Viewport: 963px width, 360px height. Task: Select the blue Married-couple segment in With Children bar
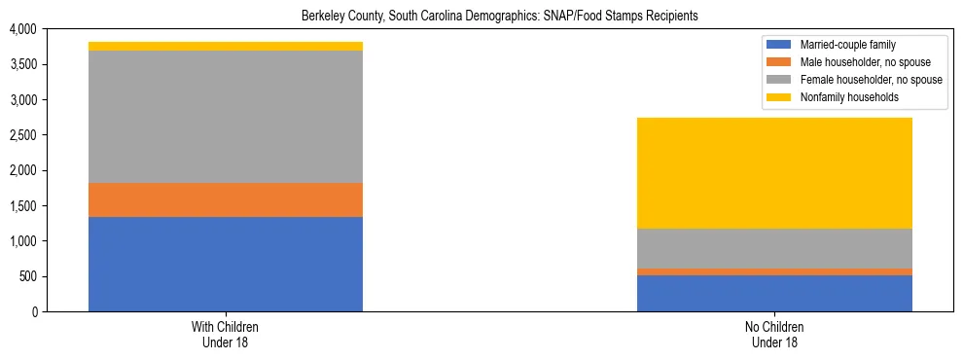[x=225, y=264]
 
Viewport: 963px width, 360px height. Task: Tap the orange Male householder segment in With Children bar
[x=225, y=199]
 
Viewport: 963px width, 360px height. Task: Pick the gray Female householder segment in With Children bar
[x=225, y=117]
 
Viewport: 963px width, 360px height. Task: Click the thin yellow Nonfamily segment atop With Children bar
[x=225, y=46]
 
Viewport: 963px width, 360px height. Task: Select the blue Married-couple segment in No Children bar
[x=774, y=293]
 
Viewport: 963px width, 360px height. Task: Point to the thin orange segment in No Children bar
[x=774, y=271]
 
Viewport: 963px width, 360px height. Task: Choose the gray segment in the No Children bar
[x=774, y=248]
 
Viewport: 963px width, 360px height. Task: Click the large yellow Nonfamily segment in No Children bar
[x=774, y=173]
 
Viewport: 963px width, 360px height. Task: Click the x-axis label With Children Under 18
[x=225, y=334]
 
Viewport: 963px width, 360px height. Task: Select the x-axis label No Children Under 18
[x=774, y=334]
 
